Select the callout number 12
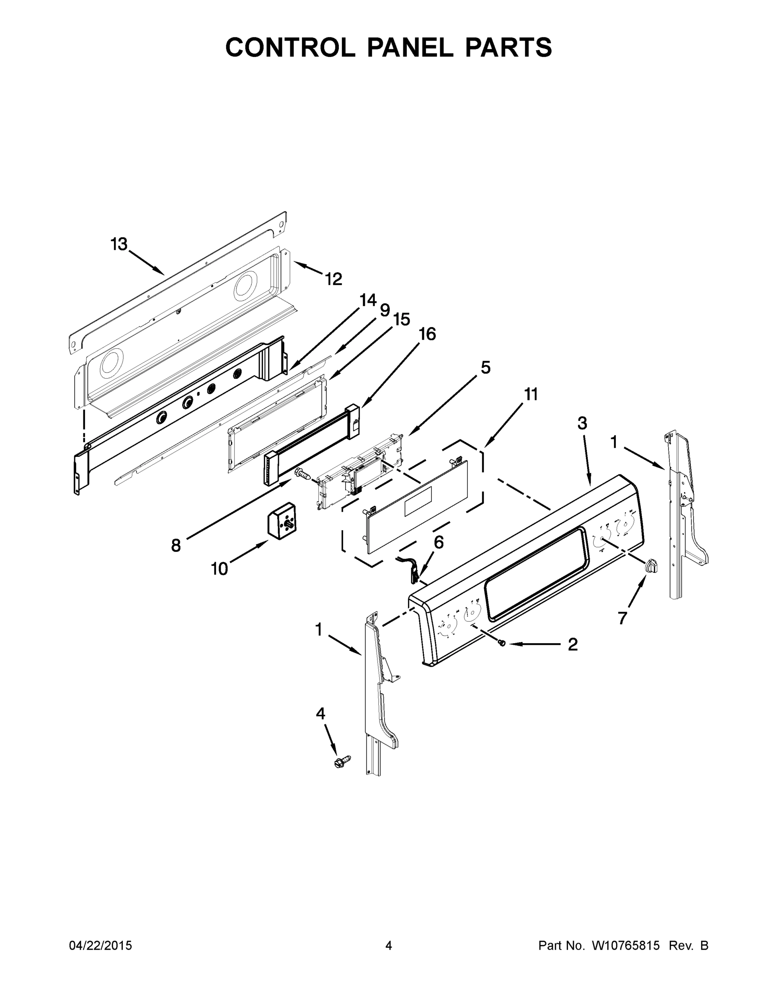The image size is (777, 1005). pyautogui.click(x=334, y=279)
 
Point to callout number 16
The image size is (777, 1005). pyautogui.click(x=428, y=334)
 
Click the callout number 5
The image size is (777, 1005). pyautogui.click(x=485, y=368)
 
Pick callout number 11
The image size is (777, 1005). pyautogui.click(x=531, y=394)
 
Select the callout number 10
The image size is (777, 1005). pyautogui.click(x=219, y=569)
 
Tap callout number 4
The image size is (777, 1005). pyautogui.click(x=320, y=714)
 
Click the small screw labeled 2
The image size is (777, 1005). pyautogui.click(x=503, y=643)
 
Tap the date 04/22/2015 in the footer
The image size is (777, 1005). pyautogui.click(x=101, y=946)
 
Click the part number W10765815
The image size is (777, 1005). pyautogui.click(x=625, y=946)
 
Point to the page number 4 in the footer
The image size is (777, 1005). pyautogui.click(x=389, y=946)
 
